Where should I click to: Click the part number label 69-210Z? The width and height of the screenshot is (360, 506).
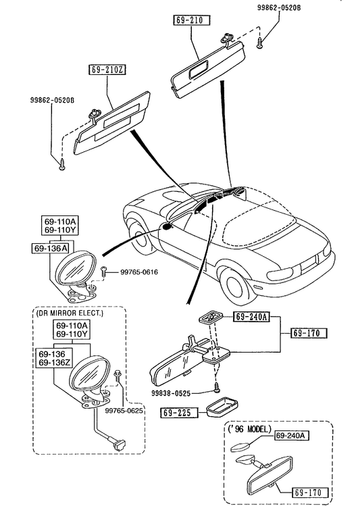(x=107, y=70)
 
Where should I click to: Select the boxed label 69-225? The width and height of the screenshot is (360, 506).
(x=179, y=413)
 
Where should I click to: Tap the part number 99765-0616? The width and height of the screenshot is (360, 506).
(x=139, y=272)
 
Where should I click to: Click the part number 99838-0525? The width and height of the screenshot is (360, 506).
(x=171, y=393)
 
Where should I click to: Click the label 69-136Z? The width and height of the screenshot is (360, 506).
(x=55, y=362)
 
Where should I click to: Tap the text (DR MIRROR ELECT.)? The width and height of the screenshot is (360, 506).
(x=70, y=313)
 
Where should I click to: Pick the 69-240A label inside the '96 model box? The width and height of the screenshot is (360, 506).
(x=291, y=435)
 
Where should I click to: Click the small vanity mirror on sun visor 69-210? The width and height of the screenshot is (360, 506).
(x=198, y=70)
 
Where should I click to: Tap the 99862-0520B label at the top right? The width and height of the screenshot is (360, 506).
(x=279, y=7)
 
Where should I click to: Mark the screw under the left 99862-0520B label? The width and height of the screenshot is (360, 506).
(x=61, y=164)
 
